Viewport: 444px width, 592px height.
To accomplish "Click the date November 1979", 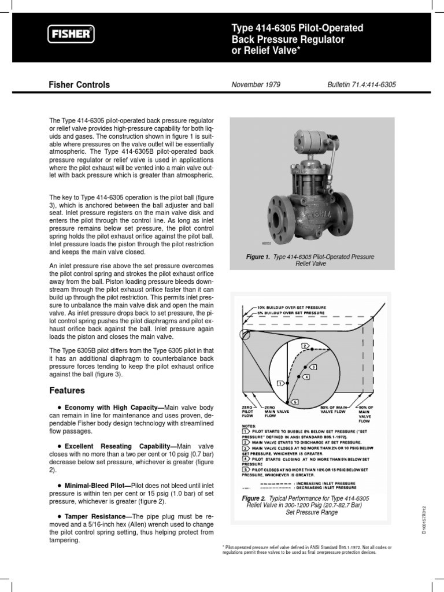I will (x=256, y=84).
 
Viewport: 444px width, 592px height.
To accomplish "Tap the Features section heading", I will (x=68, y=390).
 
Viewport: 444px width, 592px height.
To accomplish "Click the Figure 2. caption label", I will (x=257, y=498).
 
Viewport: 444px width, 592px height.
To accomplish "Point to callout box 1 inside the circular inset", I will (x=279, y=383).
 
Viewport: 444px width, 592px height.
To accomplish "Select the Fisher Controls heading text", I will (x=79, y=85).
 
